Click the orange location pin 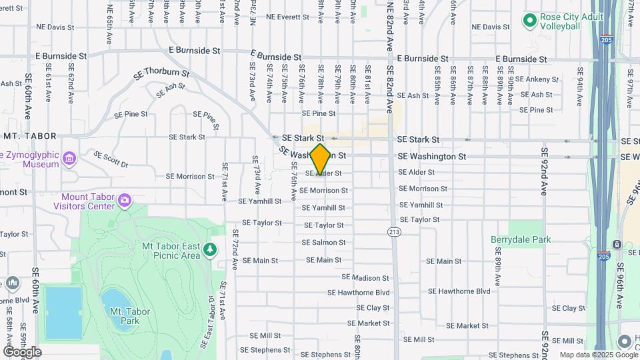321,159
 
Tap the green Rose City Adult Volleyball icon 530,21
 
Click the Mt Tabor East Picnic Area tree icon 211,249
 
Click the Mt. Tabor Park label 125,316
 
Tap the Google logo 22,351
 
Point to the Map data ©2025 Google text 597,355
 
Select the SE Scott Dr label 111,159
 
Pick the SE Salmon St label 323,243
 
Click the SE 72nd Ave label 235,250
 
